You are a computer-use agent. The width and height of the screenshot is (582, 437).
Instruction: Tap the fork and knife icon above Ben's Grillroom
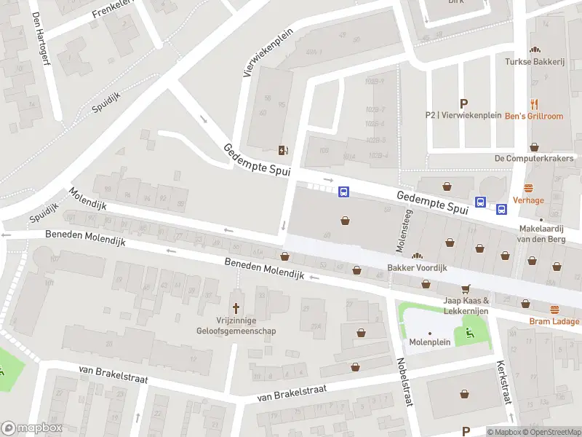click(535, 103)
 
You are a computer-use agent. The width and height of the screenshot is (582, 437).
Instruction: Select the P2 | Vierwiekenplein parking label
click(463, 115)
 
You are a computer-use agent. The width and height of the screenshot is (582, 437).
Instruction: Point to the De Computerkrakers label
click(534, 158)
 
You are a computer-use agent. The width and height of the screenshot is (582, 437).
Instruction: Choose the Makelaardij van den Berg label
click(541, 234)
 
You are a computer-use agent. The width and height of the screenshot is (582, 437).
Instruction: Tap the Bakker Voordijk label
click(417, 267)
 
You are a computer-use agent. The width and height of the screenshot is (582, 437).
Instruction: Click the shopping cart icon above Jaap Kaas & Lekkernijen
click(466, 288)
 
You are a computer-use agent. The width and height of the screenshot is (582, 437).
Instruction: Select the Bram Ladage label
click(554, 321)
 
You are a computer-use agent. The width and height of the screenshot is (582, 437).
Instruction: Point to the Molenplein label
click(429, 342)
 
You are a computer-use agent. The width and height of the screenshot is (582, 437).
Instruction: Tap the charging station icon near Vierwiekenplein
click(283, 151)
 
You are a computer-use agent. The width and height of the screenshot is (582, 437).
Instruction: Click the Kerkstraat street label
click(504, 383)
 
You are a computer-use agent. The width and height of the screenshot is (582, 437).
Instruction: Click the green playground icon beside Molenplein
click(468, 333)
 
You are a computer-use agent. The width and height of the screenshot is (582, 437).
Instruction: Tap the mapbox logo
click(32, 428)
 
